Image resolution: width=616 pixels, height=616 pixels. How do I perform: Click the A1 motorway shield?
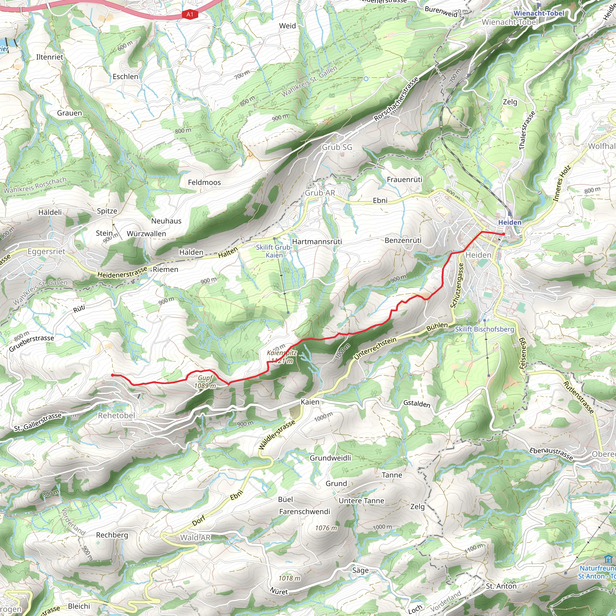click(x=190, y=14)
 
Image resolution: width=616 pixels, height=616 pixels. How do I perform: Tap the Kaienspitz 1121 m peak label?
click(x=282, y=357)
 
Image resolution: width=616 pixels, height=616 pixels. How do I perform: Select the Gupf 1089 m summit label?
click(x=205, y=382)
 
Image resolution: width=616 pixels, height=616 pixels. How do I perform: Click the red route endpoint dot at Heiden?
click(x=504, y=234)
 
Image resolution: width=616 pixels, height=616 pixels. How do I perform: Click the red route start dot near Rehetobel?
click(x=112, y=375)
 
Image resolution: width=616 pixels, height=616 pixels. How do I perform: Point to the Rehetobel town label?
click(x=117, y=415)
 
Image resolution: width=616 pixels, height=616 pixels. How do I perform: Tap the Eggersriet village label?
click(x=46, y=251)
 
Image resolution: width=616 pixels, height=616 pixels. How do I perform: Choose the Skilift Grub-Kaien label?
click(x=274, y=251)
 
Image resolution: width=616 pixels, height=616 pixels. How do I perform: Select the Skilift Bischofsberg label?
click(x=484, y=329)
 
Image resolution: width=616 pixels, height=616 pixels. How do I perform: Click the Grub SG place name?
click(x=337, y=147)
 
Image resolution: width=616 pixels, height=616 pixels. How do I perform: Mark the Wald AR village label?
click(x=195, y=537)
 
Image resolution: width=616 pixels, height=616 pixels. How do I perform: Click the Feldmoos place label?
click(x=204, y=182)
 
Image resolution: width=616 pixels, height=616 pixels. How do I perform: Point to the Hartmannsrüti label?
click(x=317, y=242)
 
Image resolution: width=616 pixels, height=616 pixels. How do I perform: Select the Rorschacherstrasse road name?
click(x=396, y=100)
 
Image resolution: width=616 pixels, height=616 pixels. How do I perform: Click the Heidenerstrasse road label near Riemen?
click(x=122, y=272)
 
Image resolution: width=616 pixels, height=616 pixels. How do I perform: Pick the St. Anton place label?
click(x=501, y=586)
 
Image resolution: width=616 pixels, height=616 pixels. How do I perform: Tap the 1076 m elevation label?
click(x=326, y=528)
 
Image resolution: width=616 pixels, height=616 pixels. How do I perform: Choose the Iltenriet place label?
click(x=50, y=57)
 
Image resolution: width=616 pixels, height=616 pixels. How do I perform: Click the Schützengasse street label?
click(x=457, y=286)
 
